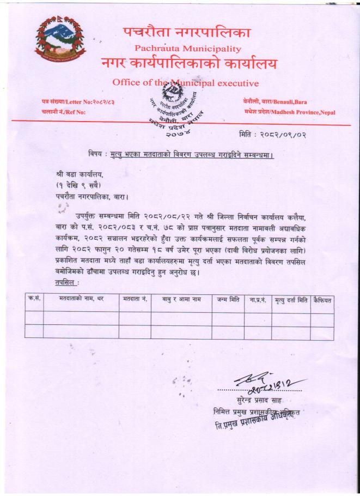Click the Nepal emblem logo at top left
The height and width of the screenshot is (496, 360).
pos(60,39)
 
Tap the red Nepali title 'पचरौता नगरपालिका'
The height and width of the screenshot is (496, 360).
pos(187,32)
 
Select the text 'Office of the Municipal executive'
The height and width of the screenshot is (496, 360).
pos(185,83)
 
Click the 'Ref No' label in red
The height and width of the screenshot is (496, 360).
pos(64,112)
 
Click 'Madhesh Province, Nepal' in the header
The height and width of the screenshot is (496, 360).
pos(290,112)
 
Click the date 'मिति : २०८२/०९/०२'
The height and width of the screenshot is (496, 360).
pos(272,134)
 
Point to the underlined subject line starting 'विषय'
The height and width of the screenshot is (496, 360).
pos(181,155)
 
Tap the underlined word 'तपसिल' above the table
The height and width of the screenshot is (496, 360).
pos(67,283)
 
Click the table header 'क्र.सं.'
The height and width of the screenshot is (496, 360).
pos(34,300)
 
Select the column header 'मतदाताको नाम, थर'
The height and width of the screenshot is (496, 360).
pos(81,300)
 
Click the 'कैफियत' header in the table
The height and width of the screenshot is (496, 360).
pos(322,300)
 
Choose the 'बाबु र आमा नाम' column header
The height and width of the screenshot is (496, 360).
pos(181,300)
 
